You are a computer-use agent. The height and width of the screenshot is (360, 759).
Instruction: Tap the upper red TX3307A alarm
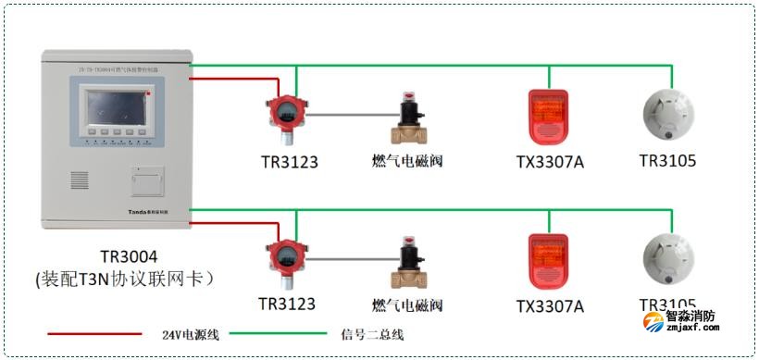(544, 118)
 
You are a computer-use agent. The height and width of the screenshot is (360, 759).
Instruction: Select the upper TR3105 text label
(667, 160)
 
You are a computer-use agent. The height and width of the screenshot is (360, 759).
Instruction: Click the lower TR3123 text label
(287, 304)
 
